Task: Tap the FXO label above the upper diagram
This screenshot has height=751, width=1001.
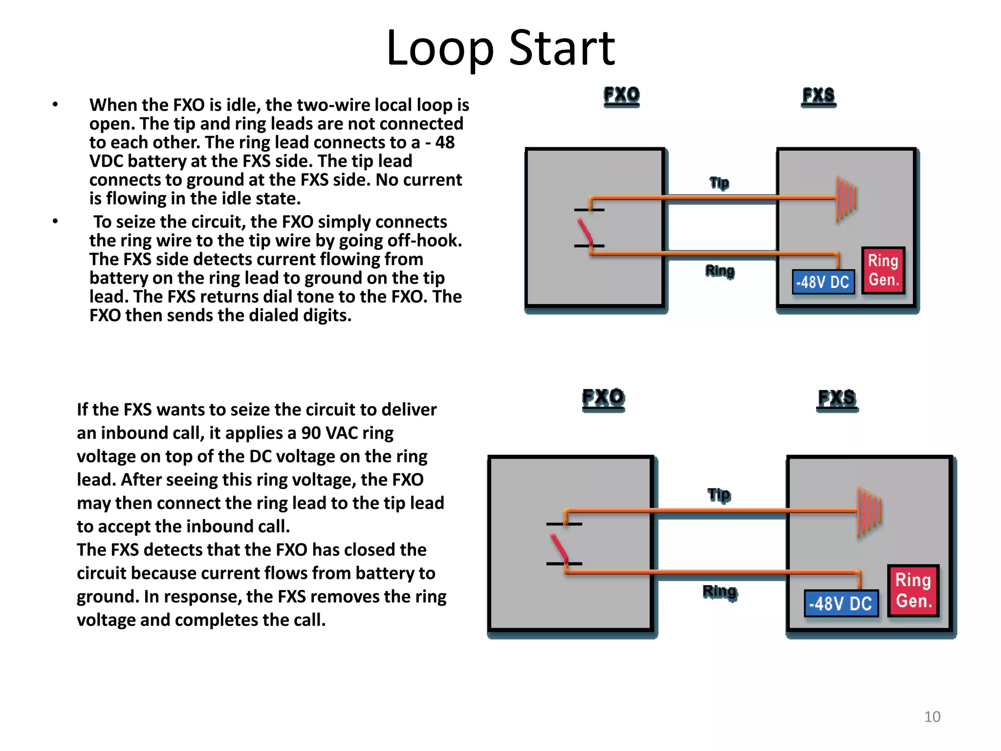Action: click(x=621, y=95)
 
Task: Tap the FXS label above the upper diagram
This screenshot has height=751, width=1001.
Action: click(x=819, y=95)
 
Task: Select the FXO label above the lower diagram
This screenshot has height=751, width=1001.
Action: click(x=603, y=398)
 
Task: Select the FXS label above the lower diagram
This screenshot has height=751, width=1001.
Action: click(x=837, y=398)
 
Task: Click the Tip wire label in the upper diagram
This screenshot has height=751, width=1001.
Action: click(x=719, y=183)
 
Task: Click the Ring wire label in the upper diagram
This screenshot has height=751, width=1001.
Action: click(x=719, y=270)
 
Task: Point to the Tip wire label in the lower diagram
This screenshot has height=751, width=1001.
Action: click(x=719, y=495)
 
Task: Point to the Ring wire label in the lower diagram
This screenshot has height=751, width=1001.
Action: click(x=719, y=592)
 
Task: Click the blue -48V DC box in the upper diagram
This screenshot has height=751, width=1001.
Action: click(x=823, y=282)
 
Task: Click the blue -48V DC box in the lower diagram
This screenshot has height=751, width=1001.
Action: click(x=841, y=603)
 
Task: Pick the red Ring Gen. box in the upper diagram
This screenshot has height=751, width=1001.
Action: click(x=883, y=270)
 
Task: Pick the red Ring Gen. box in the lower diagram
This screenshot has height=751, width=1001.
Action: click(x=913, y=591)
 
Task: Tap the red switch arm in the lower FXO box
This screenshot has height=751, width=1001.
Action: click(x=559, y=548)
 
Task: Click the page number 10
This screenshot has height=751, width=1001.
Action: click(x=932, y=717)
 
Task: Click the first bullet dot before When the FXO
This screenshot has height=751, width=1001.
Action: click(x=56, y=105)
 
